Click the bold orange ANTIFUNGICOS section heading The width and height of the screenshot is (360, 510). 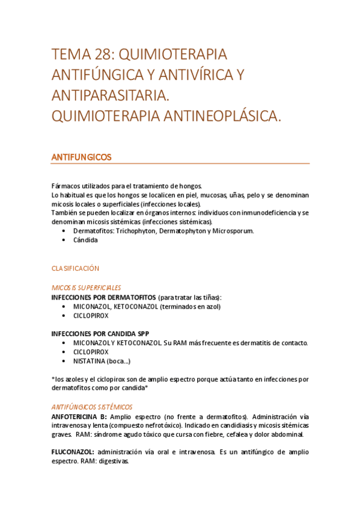tap(81, 157)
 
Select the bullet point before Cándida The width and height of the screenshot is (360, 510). tap(64, 240)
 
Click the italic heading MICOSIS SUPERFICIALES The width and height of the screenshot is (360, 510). tap(87, 287)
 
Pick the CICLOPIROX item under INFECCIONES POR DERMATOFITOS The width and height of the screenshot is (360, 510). tap(91, 315)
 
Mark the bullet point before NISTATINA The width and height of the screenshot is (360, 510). tap(64, 361)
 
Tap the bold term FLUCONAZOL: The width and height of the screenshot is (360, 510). tap(72, 452)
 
